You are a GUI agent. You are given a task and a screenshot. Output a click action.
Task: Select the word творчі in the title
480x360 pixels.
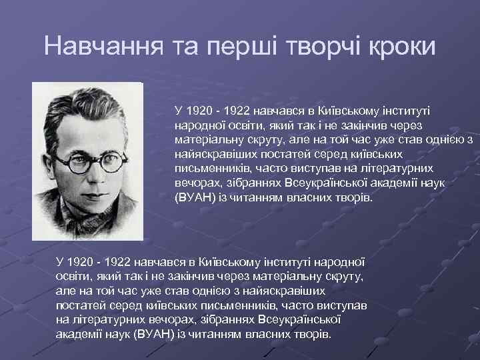324,47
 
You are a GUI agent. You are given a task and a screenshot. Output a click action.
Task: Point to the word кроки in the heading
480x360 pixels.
402,47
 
